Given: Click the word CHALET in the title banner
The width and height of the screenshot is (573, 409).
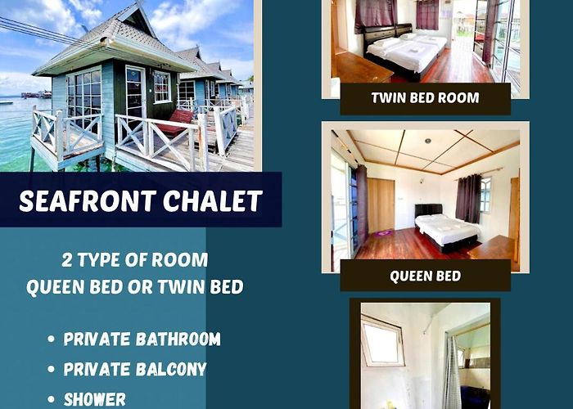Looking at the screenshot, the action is coord(213,201).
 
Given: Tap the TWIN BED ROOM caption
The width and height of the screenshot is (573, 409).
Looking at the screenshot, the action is coord(425,98).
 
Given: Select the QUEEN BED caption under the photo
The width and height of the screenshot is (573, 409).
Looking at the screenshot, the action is coord(426,276).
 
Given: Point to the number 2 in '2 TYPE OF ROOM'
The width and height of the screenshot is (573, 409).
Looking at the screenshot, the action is coord(67,260).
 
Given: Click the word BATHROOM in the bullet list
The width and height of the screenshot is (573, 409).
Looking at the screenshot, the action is coord(178,339).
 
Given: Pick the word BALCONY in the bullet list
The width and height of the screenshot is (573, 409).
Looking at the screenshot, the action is coord(171,369).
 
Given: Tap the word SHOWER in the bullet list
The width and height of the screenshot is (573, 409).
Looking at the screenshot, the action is coord(95,399).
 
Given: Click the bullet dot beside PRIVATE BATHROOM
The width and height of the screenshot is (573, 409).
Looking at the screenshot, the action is coord(51,339).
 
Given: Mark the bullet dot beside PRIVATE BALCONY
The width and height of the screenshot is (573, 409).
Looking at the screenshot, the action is coord(51,369).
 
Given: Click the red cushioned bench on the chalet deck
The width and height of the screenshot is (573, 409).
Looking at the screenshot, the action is coord(175,123).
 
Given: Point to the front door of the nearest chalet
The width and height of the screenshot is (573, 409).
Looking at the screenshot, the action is coord(135,94).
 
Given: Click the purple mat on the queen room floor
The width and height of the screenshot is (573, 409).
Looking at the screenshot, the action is coord(385,232).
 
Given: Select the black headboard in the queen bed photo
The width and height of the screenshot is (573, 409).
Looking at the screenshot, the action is coord(428,209).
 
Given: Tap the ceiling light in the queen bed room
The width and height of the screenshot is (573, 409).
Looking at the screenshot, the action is coord(427,141).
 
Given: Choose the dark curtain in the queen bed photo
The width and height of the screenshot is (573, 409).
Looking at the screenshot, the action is coord(468,199).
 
